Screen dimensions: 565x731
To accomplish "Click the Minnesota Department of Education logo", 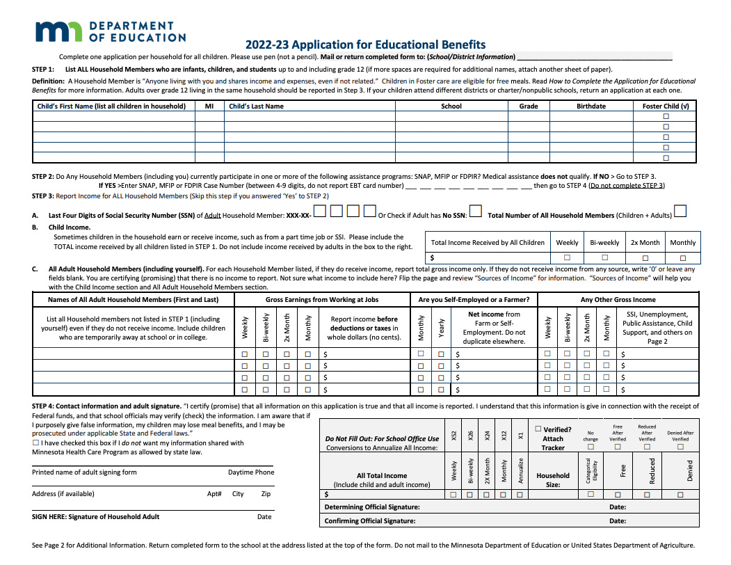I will point(111,31).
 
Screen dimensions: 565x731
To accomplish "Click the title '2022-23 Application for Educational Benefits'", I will point(365,45).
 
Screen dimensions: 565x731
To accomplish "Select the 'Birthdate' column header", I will point(591,106).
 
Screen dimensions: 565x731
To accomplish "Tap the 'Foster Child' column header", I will point(666,106).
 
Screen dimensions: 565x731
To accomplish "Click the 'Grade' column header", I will point(529,106).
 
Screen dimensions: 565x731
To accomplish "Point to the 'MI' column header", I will point(209,106).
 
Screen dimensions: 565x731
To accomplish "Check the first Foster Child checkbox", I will point(666,117).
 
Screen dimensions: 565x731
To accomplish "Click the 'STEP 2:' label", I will point(43,177).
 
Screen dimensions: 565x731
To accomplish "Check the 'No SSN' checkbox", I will point(476,211).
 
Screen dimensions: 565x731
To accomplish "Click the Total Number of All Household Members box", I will point(681,211).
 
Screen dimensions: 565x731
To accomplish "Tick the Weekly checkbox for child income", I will point(567,257).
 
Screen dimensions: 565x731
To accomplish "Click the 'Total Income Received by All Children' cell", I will point(488,243).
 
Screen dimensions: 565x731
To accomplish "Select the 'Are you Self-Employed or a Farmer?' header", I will point(474,300).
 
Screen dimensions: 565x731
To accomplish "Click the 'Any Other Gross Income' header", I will point(618,300).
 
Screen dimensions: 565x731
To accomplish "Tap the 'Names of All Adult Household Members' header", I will point(133,300).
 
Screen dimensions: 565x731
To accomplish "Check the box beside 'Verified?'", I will point(538,429).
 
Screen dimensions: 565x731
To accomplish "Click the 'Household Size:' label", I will point(553,480).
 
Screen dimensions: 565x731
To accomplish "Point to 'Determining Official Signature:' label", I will point(372,507).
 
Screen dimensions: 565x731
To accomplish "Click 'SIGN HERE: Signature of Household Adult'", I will point(96,517).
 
